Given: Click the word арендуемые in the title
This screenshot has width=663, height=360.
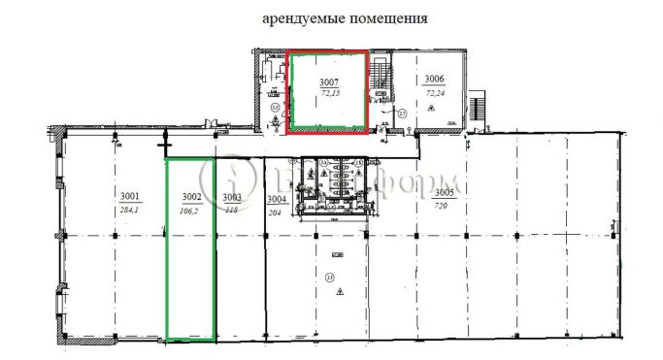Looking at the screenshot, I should (x=298, y=18).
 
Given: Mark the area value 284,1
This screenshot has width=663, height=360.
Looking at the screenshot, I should (x=130, y=207).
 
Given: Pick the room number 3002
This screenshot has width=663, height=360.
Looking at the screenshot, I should (x=190, y=196).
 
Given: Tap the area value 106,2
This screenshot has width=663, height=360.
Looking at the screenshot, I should (x=190, y=207).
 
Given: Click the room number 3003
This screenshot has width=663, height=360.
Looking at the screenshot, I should (x=231, y=196).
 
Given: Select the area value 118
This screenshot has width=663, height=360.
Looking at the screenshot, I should (x=231, y=207).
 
